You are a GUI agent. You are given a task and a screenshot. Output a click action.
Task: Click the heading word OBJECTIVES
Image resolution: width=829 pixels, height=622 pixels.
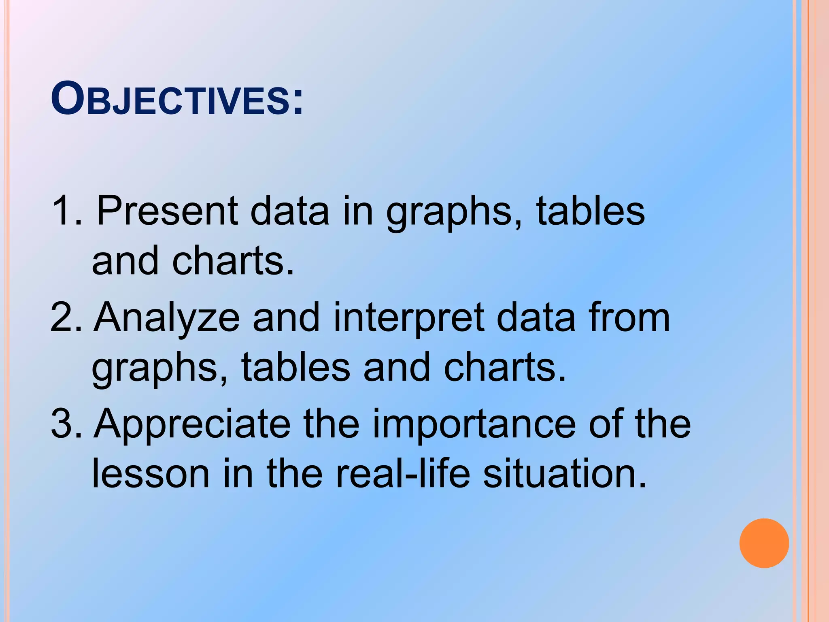[176, 99]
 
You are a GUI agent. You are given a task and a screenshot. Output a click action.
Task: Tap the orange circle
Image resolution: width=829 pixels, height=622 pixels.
[764, 543]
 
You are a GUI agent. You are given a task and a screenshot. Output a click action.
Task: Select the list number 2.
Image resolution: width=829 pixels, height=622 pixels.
[65, 318]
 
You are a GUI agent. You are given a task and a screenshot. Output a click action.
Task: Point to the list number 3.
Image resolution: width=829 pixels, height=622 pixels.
[65, 424]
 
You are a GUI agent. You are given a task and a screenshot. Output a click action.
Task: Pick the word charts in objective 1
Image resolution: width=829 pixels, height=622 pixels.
[233, 261]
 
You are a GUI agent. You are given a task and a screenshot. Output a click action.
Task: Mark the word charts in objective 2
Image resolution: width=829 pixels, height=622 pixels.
[504, 367]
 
